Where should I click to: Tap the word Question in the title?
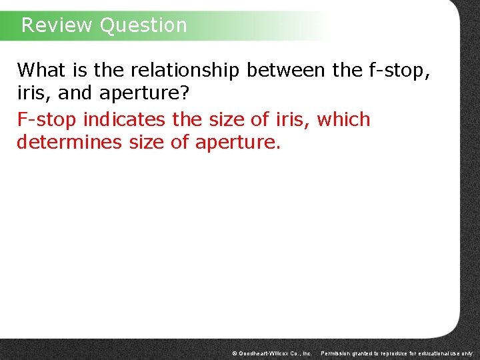tap(143, 25)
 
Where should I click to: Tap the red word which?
tap(343, 120)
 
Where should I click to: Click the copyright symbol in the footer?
tap(234, 353)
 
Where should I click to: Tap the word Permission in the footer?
tap(336, 353)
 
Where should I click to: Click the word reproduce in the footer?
tap(395, 353)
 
